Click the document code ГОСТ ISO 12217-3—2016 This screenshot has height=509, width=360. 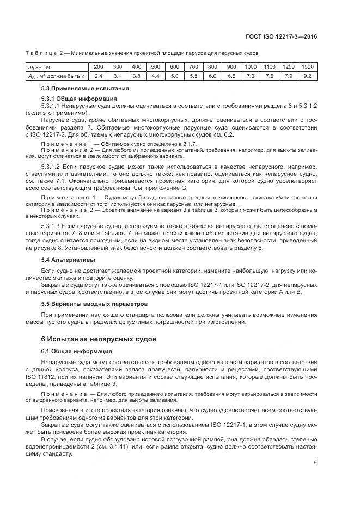click(x=285, y=37)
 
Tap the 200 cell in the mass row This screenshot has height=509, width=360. click(x=98, y=67)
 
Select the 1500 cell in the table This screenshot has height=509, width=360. click(x=307, y=67)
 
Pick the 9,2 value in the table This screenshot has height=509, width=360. click(x=307, y=76)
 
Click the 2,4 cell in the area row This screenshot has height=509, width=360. click(x=98, y=76)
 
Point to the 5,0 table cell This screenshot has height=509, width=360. click(x=174, y=76)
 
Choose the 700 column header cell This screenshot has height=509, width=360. click(x=193, y=67)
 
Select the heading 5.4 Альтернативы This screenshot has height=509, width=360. click(x=68, y=260)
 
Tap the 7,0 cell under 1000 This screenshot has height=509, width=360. click(x=250, y=76)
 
